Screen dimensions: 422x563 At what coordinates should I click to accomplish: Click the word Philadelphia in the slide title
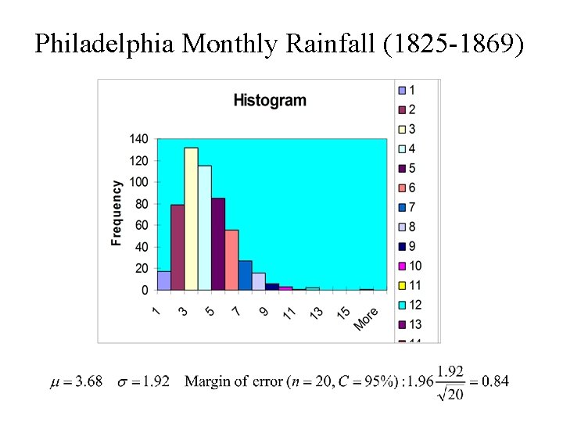click(105, 45)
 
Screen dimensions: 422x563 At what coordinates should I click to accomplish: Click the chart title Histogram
click(270, 100)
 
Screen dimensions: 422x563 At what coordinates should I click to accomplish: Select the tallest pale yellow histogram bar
click(191, 219)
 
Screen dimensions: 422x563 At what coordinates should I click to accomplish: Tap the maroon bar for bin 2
click(178, 247)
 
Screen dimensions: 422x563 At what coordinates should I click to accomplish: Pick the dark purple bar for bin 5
click(218, 244)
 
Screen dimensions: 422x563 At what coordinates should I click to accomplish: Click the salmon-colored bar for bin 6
click(231, 259)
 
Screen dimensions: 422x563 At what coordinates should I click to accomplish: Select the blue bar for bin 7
click(245, 275)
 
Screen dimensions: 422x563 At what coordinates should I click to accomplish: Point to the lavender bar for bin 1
click(163, 281)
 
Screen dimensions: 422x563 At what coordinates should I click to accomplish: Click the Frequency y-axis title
click(117, 213)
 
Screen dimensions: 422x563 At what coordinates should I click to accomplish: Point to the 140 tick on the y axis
click(138, 139)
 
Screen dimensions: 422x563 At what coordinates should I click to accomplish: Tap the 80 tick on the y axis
click(141, 204)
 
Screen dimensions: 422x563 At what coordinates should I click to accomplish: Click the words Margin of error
click(234, 381)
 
